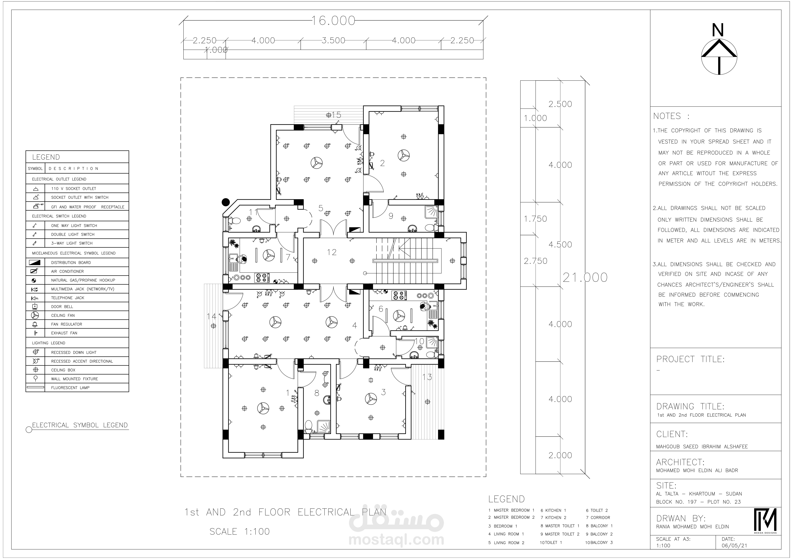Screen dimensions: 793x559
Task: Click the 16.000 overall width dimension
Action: [333, 21]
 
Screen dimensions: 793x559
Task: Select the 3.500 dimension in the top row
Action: [333, 40]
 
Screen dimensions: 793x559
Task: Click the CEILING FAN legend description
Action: [63, 316]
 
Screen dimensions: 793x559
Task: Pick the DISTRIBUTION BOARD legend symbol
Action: [35, 263]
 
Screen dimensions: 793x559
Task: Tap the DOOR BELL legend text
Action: [62, 306]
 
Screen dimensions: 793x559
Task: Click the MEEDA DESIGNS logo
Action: [765, 521]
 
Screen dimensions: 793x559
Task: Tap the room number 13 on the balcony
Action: [427, 377]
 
